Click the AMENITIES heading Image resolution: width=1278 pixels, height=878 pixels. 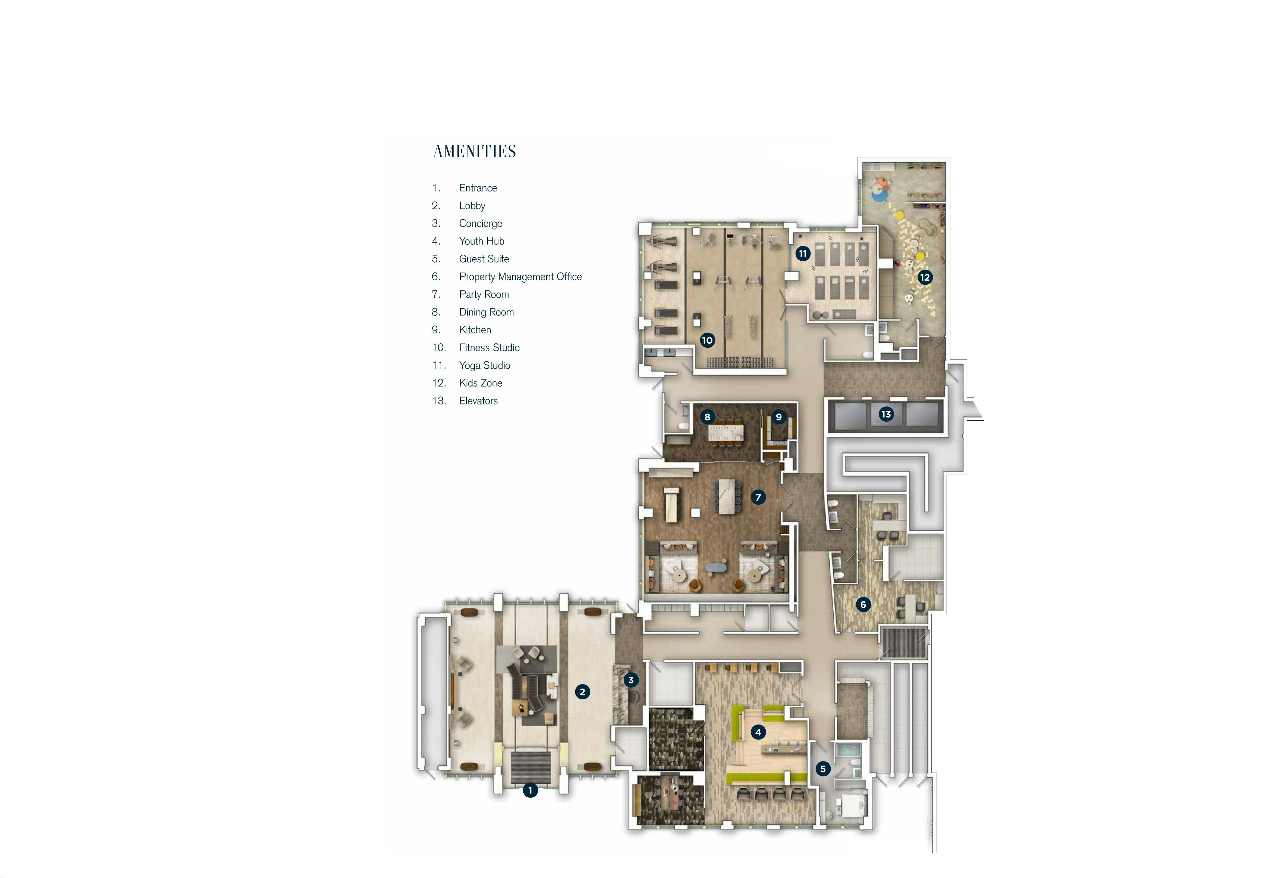point(475,151)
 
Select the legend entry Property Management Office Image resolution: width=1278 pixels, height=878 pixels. point(520,277)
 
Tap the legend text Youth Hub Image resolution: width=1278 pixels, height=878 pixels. point(481,241)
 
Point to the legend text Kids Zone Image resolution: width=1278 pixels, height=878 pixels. point(480,383)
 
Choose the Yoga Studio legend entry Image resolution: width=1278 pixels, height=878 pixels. point(484,365)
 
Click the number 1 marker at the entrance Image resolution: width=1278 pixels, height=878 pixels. point(530,791)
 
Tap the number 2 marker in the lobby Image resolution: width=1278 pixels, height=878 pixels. point(582,692)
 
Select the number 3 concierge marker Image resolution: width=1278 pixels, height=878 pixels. point(631,680)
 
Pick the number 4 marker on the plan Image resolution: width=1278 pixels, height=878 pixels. point(758,732)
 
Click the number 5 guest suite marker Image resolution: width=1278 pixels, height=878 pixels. point(823,769)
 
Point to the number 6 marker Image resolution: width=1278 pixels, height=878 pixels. point(863,605)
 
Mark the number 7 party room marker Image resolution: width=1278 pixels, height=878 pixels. point(758,497)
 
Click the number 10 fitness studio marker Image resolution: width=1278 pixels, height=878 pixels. point(707,340)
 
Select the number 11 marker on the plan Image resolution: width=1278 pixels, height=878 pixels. point(803,254)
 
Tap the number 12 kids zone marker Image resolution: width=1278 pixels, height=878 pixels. point(925,277)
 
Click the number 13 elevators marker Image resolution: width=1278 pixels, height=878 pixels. point(886,414)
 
